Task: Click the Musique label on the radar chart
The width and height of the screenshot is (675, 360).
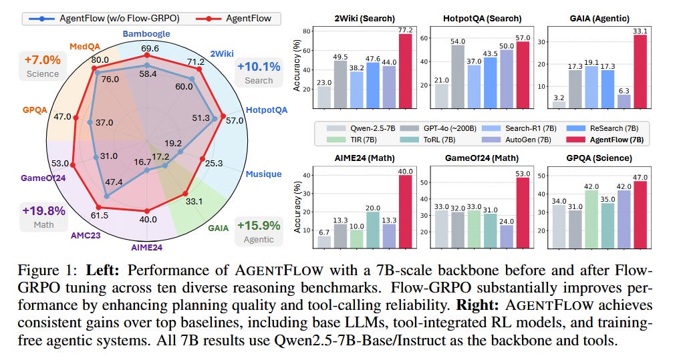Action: (x=263, y=174)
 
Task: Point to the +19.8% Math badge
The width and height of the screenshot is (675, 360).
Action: (x=44, y=217)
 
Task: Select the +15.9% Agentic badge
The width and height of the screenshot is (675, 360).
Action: (x=258, y=232)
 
